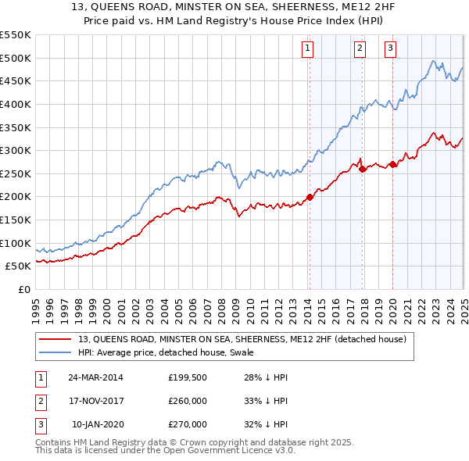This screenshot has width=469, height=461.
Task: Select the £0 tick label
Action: coord(24,289)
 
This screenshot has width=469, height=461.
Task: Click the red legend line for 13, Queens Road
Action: coord(55,340)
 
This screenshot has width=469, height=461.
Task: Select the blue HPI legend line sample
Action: coord(55,352)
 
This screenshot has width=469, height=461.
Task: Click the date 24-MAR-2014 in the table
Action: coord(95,377)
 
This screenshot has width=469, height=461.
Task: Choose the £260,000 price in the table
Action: coord(188,401)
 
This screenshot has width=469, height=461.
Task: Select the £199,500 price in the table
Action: coord(188,377)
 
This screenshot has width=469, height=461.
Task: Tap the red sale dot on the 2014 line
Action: coord(310,197)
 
